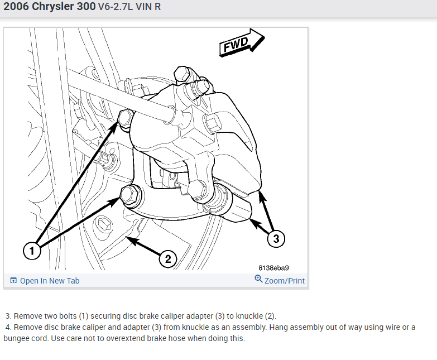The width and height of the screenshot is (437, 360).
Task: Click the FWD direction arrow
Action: [x=241, y=43]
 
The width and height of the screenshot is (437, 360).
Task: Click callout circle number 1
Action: [x=32, y=251]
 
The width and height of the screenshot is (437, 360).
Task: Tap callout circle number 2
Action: [x=168, y=259]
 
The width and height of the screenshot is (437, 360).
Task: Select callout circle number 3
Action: [x=276, y=238]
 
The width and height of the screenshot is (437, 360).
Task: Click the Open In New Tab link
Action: [x=50, y=281]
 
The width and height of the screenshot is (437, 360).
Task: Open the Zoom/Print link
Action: [x=284, y=281]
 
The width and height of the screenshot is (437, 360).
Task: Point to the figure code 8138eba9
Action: [x=273, y=268]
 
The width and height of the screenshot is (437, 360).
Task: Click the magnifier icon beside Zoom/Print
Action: [x=258, y=279]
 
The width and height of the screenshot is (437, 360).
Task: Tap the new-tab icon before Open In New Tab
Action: [x=13, y=280]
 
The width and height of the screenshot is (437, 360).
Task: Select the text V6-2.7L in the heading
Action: [x=116, y=7]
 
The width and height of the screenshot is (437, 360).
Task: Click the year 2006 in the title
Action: [x=16, y=6]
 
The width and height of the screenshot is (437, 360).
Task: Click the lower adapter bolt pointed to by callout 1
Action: [x=131, y=195]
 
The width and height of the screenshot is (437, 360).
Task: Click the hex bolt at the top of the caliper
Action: [x=183, y=74]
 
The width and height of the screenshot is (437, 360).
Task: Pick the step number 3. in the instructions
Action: [x=8, y=316]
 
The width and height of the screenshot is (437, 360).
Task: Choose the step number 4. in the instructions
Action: [x=8, y=327]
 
